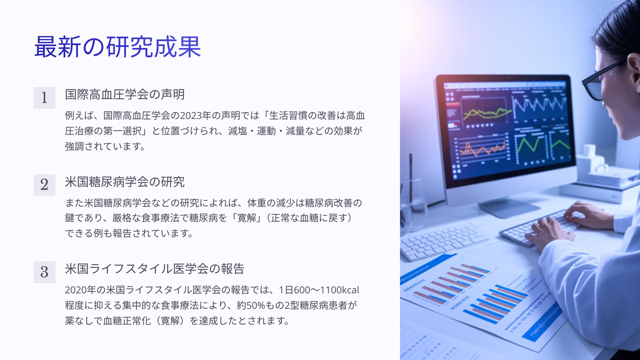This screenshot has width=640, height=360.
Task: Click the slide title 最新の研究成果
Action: point(117,47)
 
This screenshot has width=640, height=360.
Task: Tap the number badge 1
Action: point(44,98)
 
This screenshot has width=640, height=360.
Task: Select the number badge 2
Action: point(44,185)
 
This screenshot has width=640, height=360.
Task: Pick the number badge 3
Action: point(44,272)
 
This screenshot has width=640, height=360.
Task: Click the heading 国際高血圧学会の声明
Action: point(125,94)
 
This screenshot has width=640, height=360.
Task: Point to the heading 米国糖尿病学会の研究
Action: point(125,182)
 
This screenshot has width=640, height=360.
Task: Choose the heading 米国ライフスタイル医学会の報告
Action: point(155,269)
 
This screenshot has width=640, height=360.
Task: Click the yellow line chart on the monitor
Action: point(486,113)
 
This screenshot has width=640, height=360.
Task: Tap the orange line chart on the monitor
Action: point(482,149)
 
